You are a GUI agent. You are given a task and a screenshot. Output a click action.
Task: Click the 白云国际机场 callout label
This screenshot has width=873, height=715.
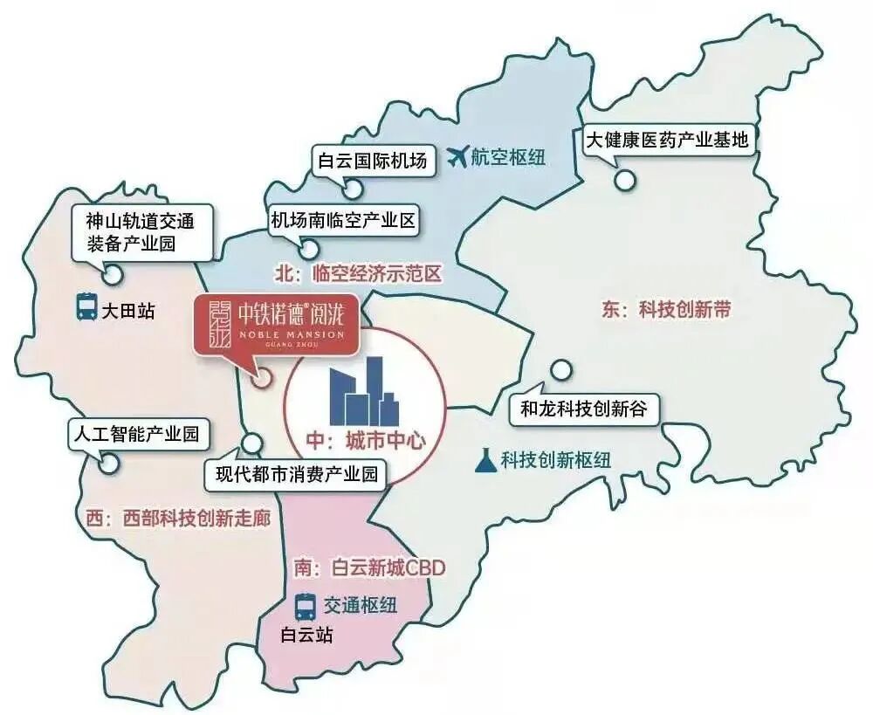(x=373, y=161)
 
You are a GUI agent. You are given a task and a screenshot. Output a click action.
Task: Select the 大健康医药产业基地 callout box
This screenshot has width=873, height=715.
(x=668, y=140)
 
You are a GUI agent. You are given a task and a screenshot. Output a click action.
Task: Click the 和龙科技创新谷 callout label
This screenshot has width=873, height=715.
(x=583, y=409)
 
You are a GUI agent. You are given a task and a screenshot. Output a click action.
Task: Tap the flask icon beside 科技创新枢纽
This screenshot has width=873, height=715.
(x=485, y=459)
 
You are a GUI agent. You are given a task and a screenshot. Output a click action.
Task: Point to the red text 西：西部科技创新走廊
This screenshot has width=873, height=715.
(x=178, y=518)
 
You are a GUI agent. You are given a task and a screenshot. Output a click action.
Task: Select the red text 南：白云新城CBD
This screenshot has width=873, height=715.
(x=369, y=567)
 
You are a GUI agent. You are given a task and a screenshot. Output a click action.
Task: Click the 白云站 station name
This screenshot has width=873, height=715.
(x=306, y=635)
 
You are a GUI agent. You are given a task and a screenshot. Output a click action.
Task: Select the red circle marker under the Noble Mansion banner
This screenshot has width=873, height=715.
(x=260, y=379)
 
